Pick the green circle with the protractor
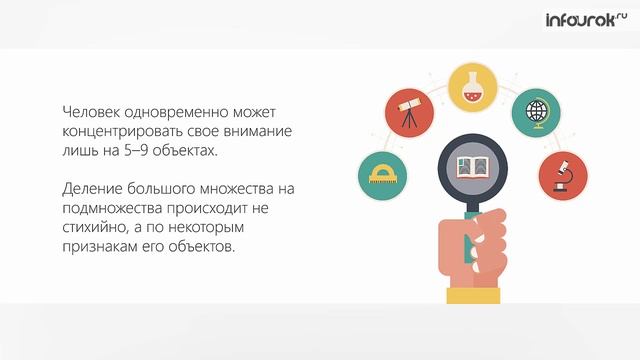[383, 175]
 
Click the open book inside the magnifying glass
[476, 165]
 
